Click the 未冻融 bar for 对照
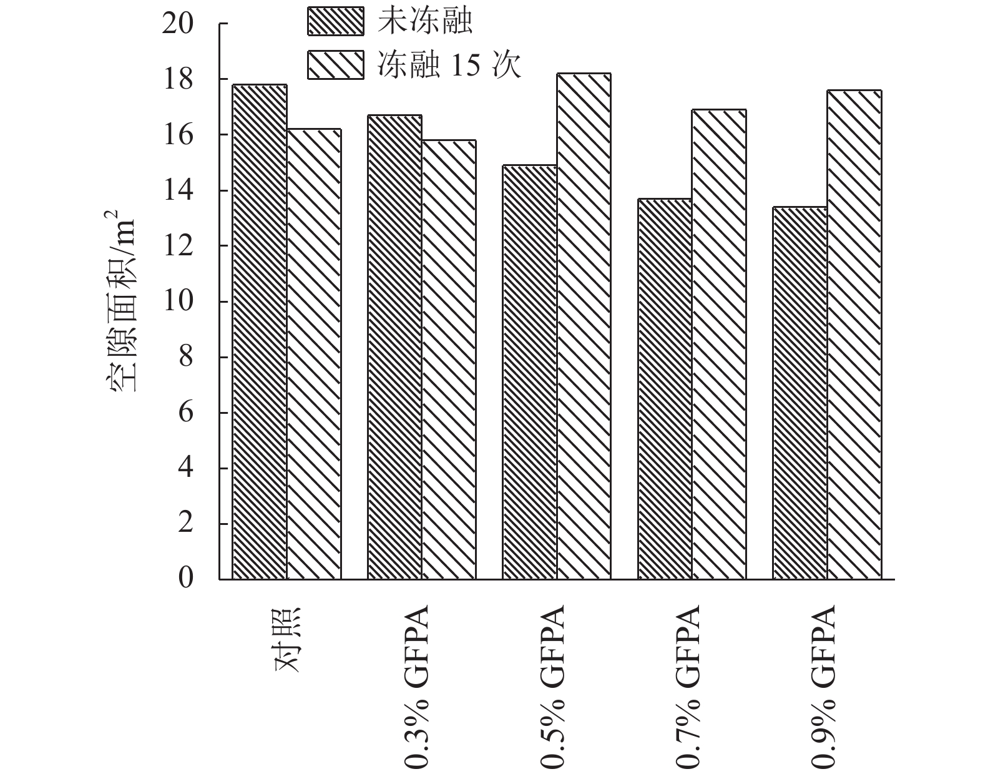pyautogui.click(x=260, y=331)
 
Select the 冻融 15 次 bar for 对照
pyautogui.click(x=314, y=354)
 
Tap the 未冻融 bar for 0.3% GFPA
pyautogui.click(x=395, y=347)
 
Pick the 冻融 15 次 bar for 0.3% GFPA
pyautogui.click(x=449, y=360)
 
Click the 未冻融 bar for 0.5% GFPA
pyautogui.click(x=530, y=372)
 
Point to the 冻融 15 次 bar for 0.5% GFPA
pyautogui.click(x=584, y=326)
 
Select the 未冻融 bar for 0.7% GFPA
pyautogui.click(x=665, y=389)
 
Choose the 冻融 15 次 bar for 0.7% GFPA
pyautogui.click(x=719, y=344)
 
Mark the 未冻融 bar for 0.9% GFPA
pyautogui.click(x=800, y=393)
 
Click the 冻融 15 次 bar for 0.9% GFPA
pyautogui.click(x=854, y=335)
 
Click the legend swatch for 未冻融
pyautogui.click(x=335, y=21)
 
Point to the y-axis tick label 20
pyautogui.click(x=179, y=24)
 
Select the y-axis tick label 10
pyautogui.click(x=179, y=301)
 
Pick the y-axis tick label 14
pyautogui.click(x=179, y=190)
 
